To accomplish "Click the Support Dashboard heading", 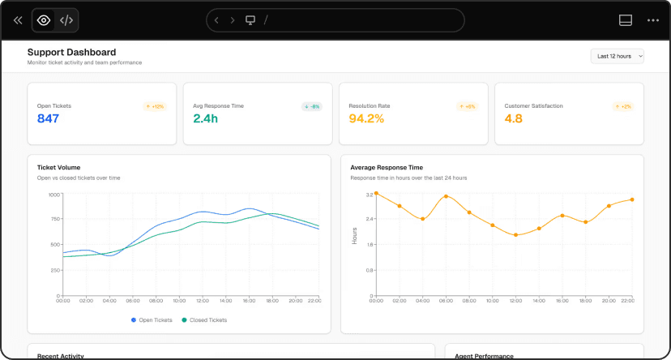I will tap(71, 52).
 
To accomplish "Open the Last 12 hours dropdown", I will tap(618, 56).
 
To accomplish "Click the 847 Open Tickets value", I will tap(49, 118).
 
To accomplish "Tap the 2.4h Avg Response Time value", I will tap(206, 118).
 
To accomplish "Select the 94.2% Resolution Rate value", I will tap(365, 118).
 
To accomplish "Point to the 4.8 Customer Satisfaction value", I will tap(514, 118).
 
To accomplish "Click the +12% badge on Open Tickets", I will tap(155, 106).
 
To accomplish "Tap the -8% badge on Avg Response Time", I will tap(312, 106).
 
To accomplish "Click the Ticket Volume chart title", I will tap(58, 167).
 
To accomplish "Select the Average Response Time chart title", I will tap(387, 167).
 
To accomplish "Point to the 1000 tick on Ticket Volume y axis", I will tap(54, 195).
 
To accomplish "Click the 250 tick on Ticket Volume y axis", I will tap(55, 269).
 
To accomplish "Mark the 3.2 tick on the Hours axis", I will tap(369, 195).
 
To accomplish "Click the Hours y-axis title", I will tap(354, 236).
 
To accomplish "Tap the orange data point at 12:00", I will tap(515, 235).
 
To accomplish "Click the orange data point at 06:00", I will tap(446, 196).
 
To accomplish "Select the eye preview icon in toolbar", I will tap(44, 20).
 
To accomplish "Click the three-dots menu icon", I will tap(653, 20).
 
